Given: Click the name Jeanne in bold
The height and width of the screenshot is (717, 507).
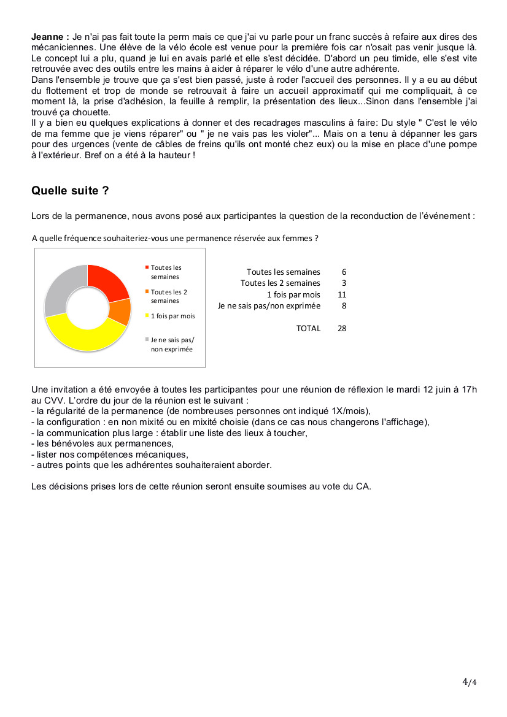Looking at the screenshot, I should [48, 37].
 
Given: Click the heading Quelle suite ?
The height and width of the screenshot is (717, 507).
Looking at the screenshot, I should [70, 191].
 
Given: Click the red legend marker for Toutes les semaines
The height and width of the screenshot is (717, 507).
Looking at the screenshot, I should [147, 268].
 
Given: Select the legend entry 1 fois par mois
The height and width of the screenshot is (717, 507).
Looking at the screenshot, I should [172, 316].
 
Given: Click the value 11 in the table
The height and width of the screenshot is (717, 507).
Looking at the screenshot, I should [342, 294].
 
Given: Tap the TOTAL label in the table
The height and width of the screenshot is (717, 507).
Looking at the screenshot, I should [308, 328].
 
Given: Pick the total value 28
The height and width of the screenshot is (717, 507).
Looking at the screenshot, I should [342, 328].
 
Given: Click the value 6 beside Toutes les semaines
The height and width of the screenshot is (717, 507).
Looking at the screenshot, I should [344, 272].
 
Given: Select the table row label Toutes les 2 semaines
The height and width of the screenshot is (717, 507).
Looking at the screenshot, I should [281, 283].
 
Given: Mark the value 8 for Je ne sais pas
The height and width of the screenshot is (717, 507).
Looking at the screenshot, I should [344, 305].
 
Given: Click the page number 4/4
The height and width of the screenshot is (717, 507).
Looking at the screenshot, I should [469, 682].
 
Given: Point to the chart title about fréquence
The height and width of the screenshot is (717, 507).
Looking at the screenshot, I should [175, 238].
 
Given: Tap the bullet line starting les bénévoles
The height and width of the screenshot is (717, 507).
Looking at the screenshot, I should [103, 443].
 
